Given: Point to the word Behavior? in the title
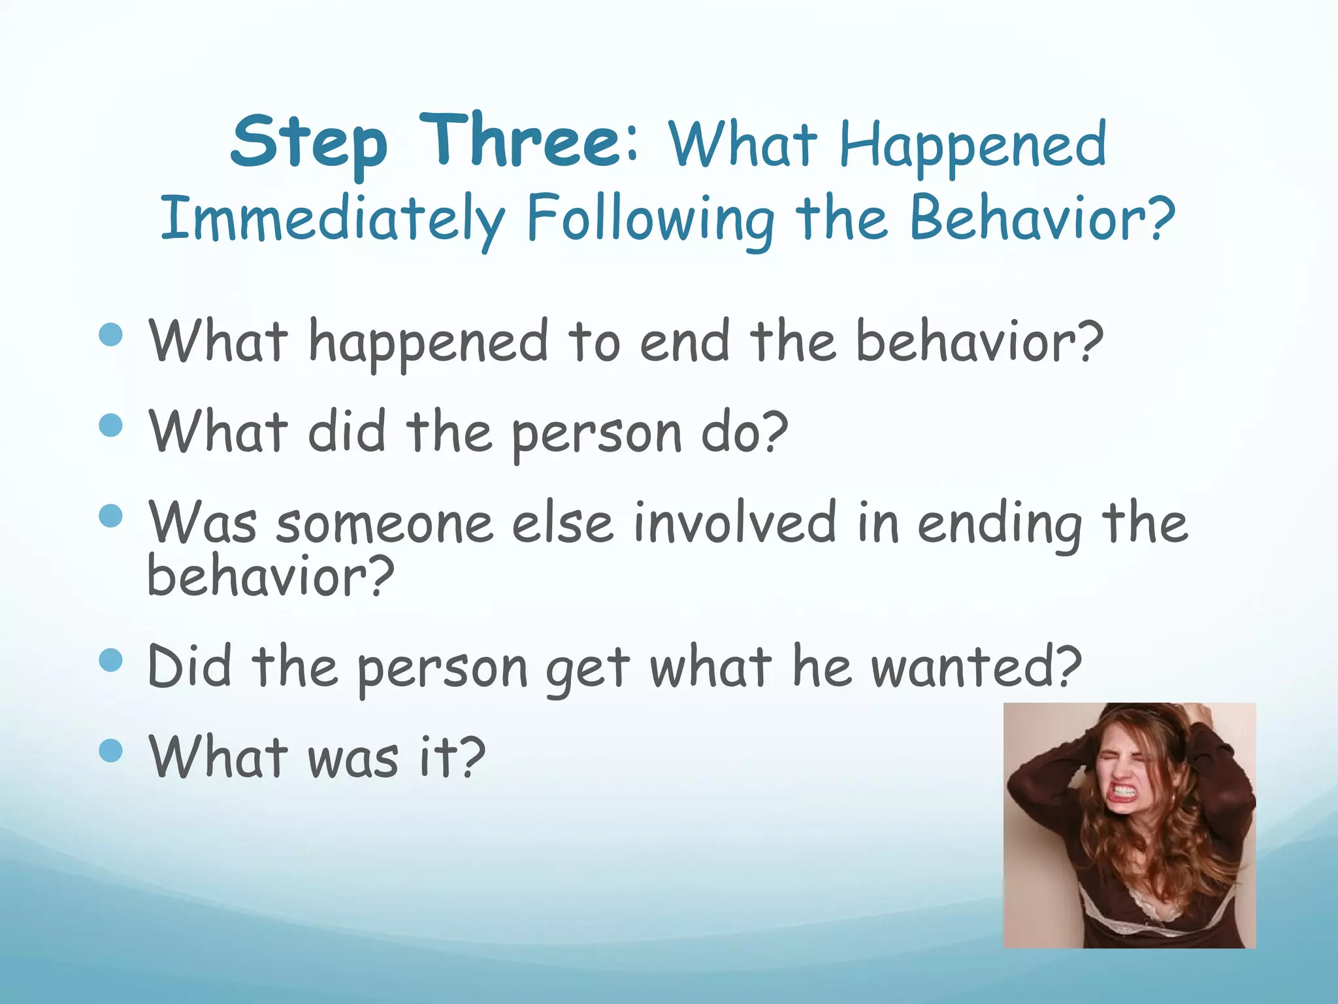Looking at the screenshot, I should [1042, 217].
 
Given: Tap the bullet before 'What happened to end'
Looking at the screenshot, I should [111, 335].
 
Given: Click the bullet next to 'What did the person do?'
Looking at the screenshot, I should [111, 426].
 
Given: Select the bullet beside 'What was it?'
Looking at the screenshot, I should [111, 751].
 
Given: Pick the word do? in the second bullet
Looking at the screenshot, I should [744, 432].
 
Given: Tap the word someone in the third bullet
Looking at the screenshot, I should [384, 523].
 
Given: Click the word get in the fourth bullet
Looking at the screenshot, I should [587, 669].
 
